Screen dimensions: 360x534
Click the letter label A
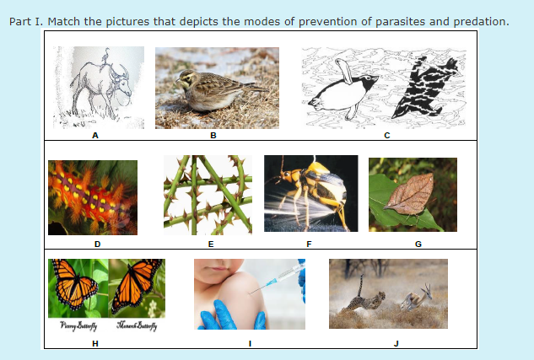click(95, 135)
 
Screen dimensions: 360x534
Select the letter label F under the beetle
click(309, 244)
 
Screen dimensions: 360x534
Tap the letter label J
click(396, 342)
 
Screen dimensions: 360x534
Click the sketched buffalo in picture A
click(97, 89)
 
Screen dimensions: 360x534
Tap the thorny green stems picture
click(207, 194)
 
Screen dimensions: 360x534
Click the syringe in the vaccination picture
click(282, 277)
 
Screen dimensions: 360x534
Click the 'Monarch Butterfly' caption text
click(137, 326)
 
